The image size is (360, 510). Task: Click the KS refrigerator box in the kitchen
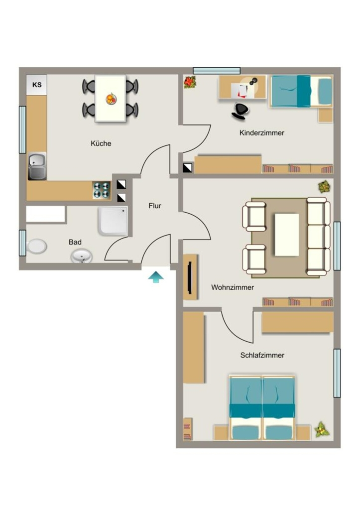[37, 85]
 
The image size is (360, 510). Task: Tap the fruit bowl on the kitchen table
[111, 99]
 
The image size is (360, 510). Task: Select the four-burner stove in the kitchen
[102, 190]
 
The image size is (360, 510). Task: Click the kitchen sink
[37, 166]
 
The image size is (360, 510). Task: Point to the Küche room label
[101, 143]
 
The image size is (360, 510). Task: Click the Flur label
[155, 206]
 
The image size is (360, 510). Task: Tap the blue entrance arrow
[156, 277]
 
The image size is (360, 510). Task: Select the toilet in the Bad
[35, 247]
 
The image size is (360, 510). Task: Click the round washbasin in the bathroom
[82, 256]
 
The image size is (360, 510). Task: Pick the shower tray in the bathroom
[113, 221]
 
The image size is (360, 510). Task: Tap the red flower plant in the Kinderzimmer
[190, 82]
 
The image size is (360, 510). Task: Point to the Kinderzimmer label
[262, 132]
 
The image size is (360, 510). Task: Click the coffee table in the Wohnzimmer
[287, 235]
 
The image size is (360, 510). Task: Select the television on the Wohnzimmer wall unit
[190, 277]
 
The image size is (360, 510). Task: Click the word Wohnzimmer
[233, 287]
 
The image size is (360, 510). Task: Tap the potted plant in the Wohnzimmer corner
[324, 187]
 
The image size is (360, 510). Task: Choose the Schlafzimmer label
[262, 355]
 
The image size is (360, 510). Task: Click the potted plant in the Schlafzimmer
[322, 429]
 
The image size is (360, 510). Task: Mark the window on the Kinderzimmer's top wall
[217, 71]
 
